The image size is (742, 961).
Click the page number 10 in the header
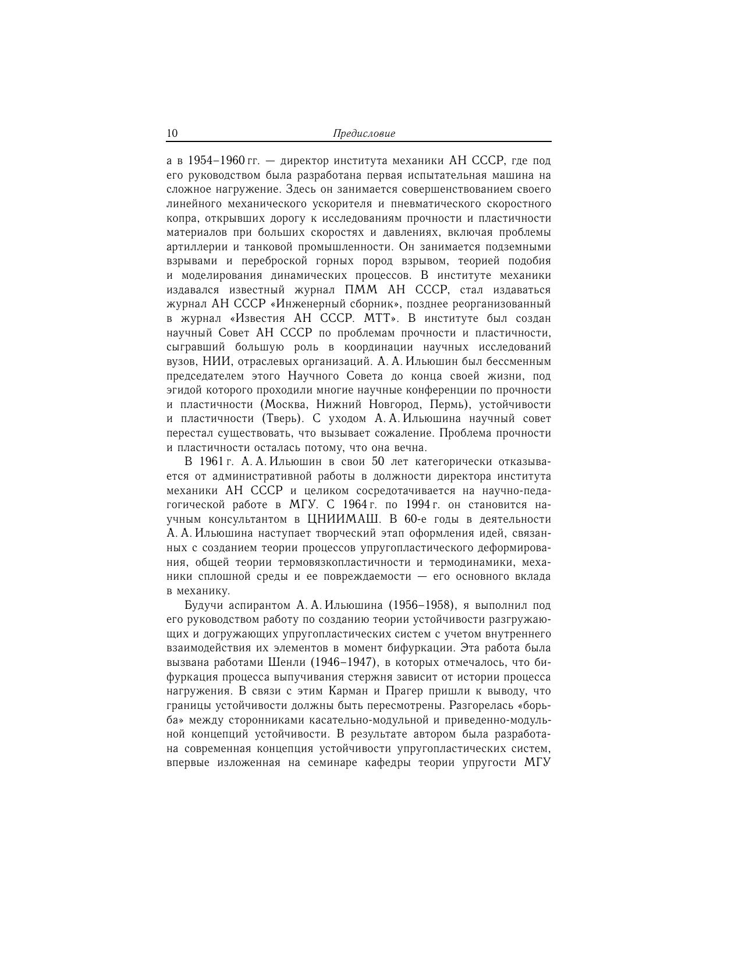point(172,133)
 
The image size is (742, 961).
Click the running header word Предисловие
point(364,133)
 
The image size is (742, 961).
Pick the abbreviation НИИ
point(217,361)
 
